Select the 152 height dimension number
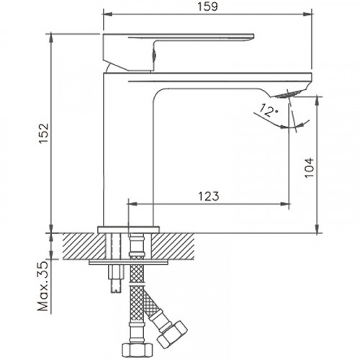point(45,132)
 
